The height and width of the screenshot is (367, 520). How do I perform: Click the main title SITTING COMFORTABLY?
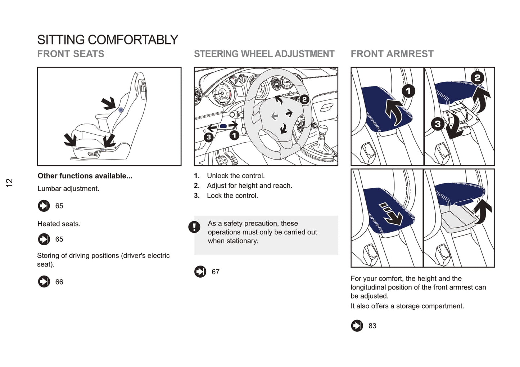[x=108, y=40]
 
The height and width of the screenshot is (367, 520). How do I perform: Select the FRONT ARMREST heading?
[x=392, y=54]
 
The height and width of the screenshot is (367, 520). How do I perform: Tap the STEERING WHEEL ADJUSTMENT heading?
[x=264, y=54]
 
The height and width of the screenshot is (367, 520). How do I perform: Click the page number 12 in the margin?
[x=9, y=182]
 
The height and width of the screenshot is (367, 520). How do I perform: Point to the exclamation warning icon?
[x=194, y=227]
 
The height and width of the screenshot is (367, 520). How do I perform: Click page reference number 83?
[x=372, y=326]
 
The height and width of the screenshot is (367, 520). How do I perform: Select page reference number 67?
[x=216, y=272]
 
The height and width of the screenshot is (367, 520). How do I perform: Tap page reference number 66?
[x=59, y=282]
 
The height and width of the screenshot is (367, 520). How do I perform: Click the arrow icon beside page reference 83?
[x=357, y=326]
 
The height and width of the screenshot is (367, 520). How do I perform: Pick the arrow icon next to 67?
[x=200, y=272]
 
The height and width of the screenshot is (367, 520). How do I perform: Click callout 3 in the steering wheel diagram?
[x=208, y=137]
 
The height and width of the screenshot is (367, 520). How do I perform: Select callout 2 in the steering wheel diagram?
[x=304, y=99]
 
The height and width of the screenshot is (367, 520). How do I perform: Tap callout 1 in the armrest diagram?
[x=408, y=91]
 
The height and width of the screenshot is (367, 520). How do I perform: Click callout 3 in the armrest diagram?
[x=438, y=124]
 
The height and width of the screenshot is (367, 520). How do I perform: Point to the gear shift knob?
[x=323, y=130]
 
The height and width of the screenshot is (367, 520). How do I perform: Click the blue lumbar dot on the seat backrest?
[x=121, y=110]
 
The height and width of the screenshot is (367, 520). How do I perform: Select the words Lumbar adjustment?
[x=68, y=189]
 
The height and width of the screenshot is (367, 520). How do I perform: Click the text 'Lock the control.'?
[x=232, y=196]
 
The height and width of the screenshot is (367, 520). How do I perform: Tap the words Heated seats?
[x=59, y=224]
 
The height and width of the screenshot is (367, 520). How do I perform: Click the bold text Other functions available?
[x=85, y=176]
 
